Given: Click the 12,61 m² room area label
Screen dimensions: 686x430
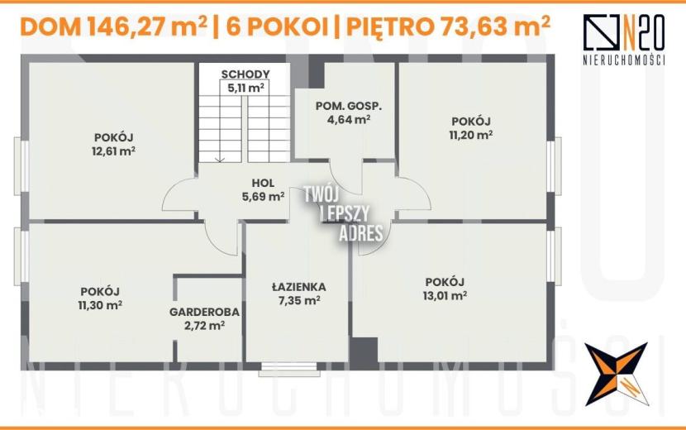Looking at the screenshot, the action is [113, 151].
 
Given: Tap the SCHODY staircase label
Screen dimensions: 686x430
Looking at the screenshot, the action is [245, 74].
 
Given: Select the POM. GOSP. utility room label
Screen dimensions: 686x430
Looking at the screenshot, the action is [349, 106].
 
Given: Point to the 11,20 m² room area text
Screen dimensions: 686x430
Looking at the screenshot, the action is [471, 135].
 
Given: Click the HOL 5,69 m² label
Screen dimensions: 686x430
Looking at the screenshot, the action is [263, 190].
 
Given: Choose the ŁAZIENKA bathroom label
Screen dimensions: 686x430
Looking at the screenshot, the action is [299, 287].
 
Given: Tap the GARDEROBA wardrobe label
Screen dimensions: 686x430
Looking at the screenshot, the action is [204, 313].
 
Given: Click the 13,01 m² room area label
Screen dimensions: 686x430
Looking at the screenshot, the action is [445, 295].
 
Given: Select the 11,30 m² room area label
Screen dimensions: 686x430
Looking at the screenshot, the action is [100, 305].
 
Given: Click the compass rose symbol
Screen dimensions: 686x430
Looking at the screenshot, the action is [616, 374].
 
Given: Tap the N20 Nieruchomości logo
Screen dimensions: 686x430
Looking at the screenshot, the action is [624, 40].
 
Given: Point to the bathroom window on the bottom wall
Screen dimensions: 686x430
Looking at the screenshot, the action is [289, 369].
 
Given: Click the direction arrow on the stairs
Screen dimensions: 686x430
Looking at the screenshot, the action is [220, 160].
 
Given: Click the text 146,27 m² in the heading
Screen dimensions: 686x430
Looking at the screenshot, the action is [147, 27].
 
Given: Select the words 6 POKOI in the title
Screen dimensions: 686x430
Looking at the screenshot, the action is [277, 27].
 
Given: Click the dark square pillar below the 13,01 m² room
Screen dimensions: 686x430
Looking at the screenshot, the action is [364, 350].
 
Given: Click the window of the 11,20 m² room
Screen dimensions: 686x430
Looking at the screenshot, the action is [554, 165].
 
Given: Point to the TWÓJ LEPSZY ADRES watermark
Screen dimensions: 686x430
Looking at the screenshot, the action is [344, 213].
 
